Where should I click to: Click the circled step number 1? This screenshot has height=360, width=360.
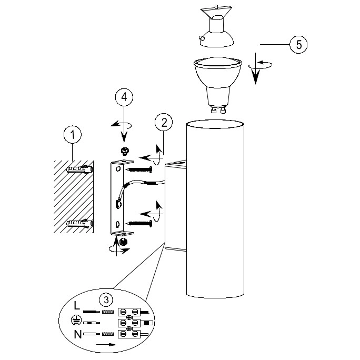coord(73,134)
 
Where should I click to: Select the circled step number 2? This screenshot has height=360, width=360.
coord(164,122)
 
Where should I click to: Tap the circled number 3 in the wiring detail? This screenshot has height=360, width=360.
coord(106,299)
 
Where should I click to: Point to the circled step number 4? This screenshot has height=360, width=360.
coord(124,97)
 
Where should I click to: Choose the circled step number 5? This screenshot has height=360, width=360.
coord(298,44)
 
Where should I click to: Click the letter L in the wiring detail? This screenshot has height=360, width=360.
coord(77,306)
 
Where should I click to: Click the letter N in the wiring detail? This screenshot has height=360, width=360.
coord(78,334)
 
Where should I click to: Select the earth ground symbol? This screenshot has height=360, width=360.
coord(76,320)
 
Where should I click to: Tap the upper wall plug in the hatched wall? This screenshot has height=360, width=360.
coord(79,169)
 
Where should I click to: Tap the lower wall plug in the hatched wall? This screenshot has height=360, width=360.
coord(79,223)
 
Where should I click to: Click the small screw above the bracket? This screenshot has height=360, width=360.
coord(125,151)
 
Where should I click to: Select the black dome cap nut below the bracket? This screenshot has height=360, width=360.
coord(124,242)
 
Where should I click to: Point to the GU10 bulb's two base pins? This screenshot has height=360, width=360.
coord(218,111)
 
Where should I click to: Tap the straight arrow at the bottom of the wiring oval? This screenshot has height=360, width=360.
coord(106,344)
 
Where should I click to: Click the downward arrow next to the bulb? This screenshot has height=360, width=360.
coord(256,68)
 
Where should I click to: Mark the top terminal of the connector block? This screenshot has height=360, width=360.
coord(129,312)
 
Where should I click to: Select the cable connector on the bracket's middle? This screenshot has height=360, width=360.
coord(118,204)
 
